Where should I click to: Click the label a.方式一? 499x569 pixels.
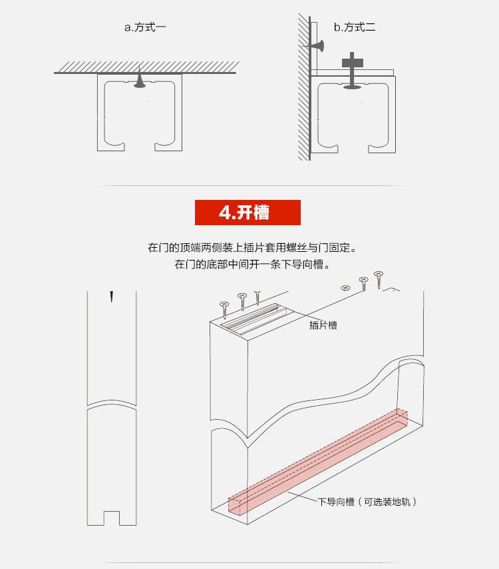(144, 27)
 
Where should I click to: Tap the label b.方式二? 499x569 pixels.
(355, 27)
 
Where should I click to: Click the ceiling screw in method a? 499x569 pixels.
(139, 81)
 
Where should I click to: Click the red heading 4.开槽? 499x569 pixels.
(248, 212)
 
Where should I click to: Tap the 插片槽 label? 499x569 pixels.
(323, 325)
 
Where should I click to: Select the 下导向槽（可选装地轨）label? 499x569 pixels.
(368, 502)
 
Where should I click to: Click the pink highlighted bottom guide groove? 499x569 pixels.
(319, 460)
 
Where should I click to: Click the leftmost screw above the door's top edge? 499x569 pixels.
(225, 308)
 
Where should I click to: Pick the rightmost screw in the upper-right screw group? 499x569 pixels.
(379, 278)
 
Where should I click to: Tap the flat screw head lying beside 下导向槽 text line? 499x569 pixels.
(345, 288)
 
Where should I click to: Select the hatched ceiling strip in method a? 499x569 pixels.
(146, 67)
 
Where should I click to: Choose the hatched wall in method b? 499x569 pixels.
(303, 87)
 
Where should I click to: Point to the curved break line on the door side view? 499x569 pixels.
(112, 404)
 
